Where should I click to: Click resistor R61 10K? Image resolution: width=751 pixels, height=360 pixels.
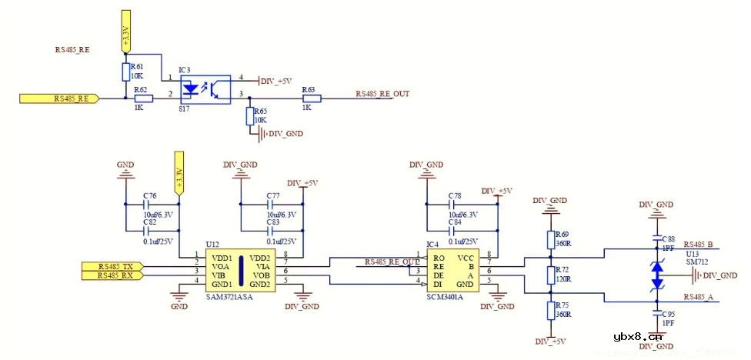tap(125, 72)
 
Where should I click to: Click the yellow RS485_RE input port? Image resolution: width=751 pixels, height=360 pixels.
tap(58, 98)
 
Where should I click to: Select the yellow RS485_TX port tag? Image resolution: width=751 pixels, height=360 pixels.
tap(112, 265)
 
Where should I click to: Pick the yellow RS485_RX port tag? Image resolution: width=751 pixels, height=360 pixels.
tap(112, 275)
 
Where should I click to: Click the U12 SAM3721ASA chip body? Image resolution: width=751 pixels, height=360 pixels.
tap(240, 270)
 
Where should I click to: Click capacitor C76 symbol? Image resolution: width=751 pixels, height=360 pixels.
tap(145, 205)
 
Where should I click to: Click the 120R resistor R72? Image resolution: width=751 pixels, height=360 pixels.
tap(551, 275)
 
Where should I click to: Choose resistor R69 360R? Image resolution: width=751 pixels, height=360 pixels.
tap(551, 238)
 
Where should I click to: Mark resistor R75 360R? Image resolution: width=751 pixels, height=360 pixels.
tap(551, 310)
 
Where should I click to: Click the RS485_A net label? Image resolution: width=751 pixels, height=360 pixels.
tap(699, 296)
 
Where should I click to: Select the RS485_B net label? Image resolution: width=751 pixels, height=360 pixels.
tap(699, 245)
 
